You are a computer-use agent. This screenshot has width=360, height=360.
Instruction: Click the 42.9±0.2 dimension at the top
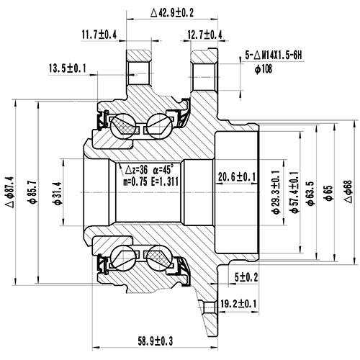[x=172, y=13]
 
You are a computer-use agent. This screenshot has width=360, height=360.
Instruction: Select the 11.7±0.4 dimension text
[x=99, y=35]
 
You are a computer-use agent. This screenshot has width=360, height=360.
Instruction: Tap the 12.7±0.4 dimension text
[x=204, y=35]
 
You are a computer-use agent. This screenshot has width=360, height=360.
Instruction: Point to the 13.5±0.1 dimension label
[x=68, y=68]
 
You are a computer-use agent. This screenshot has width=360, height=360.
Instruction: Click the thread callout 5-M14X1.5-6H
[x=274, y=56]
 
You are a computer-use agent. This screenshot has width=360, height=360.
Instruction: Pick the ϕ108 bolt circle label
[x=264, y=69]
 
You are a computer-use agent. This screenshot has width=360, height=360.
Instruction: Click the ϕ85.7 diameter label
[x=33, y=192]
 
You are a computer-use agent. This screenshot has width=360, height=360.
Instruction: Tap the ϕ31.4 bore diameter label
[x=58, y=193]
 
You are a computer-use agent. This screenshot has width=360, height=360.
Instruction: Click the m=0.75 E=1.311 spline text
[x=151, y=182]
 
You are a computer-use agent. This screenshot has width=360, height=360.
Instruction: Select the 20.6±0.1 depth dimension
[x=237, y=177]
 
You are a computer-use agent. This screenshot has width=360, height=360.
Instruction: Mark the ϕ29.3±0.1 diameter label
[x=276, y=192]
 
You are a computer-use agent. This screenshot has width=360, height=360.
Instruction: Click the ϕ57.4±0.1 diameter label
[x=294, y=192]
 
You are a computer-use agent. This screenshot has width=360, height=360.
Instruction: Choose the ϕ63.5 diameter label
[x=311, y=193]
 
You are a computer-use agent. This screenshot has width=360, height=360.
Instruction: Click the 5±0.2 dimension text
[x=246, y=278]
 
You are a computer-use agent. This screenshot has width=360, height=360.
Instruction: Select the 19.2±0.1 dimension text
[x=238, y=304]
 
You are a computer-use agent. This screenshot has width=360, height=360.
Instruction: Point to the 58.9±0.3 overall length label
[x=156, y=341]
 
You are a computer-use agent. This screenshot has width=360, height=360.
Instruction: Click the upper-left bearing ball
[x=122, y=125]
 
